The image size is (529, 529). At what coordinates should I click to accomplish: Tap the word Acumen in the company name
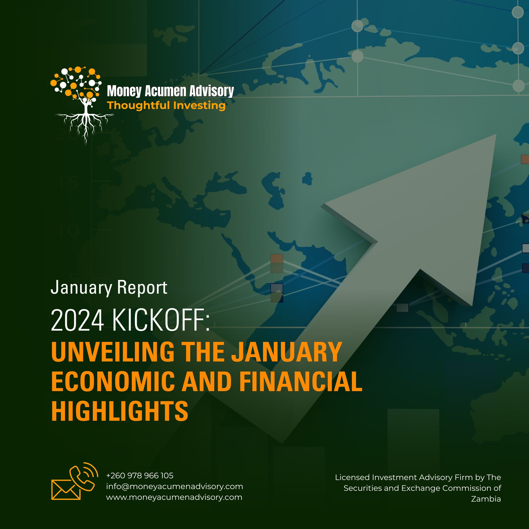pyautogui.click(x=165, y=91)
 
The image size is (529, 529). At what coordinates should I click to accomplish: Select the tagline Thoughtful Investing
pyautogui.click(x=166, y=105)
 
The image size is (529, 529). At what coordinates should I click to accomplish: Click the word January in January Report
pyautogui.click(x=81, y=288)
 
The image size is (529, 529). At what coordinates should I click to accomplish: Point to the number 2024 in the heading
pyautogui.click(x=77, y=320)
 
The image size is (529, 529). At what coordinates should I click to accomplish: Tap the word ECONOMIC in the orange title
pyautogui.click(x=113, y=381)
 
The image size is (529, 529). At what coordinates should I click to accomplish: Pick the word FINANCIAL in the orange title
pyautogui.click(x=301, y=381)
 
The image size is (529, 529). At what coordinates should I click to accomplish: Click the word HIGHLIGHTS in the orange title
pyautogui.click(x=120, y=411)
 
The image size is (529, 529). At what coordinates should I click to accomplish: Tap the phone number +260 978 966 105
pyautogui.click(x=140, y=476)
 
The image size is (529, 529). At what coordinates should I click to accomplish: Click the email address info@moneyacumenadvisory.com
pyautogui.click(x=174, y=487)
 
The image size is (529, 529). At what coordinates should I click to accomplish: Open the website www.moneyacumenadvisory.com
pyautogui.click(x=174, y=497)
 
